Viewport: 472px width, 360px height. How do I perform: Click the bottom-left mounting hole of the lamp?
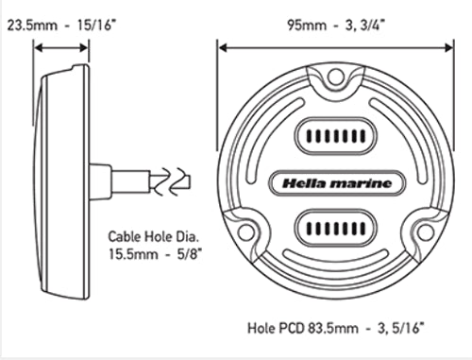[246, 231]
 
